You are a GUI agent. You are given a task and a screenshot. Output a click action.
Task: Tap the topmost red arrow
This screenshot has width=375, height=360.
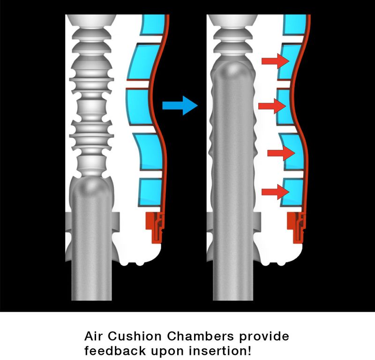(276, 61)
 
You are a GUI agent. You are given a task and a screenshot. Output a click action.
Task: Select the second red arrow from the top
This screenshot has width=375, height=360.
(272, 106)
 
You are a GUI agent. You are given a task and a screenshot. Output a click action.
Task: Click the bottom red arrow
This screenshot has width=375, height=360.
(276, 191)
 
